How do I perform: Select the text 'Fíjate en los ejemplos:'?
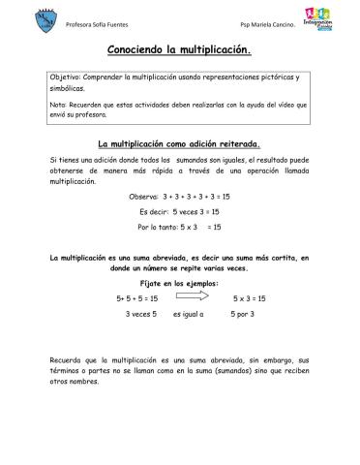pos(179,284)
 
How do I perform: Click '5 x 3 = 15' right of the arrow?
pos(248,299)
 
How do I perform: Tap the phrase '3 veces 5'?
pos(141,315)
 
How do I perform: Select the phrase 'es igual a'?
pos(190,315)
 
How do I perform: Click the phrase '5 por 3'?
pos(242,315)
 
